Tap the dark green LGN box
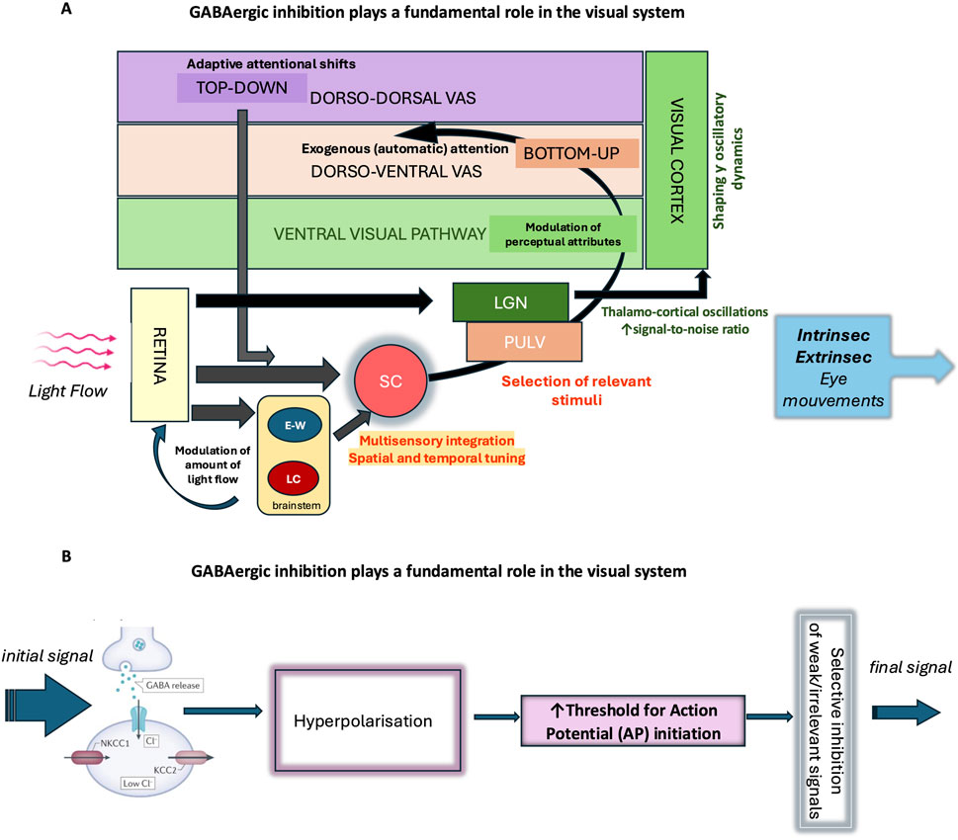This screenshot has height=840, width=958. click(510, 300)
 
